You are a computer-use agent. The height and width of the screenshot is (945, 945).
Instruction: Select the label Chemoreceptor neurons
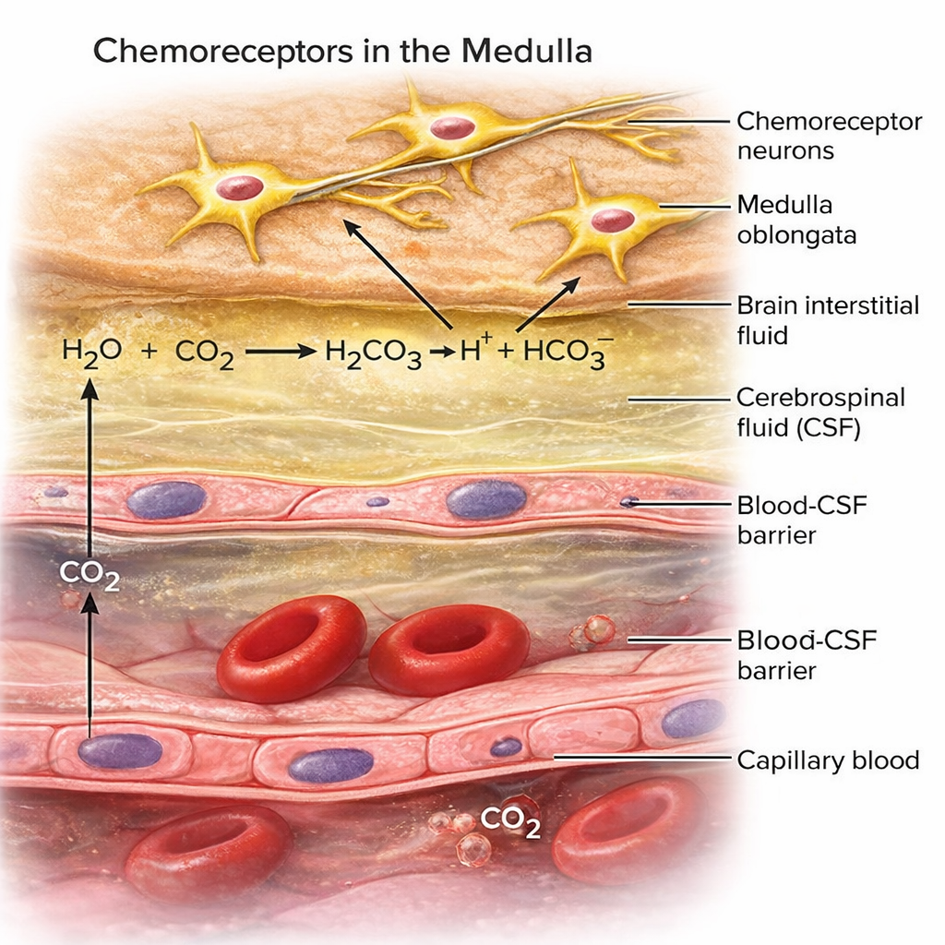click(x=829, y=136)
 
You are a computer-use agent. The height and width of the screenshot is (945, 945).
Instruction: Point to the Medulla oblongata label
click(x=796, y=220)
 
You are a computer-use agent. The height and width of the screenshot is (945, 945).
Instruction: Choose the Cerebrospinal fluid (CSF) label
click(x=820, y=413)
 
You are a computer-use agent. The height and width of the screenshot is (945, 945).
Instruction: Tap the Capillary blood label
click(x=828, y=760)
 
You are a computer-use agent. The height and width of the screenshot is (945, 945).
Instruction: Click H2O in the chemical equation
click(x=90, y=351)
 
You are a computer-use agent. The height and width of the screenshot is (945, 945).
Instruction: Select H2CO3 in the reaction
click(x=373, y=353)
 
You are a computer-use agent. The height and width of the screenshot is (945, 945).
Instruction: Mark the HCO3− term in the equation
click(x=563, y=351)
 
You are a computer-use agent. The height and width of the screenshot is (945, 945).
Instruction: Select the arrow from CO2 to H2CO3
click(x=280, y=352)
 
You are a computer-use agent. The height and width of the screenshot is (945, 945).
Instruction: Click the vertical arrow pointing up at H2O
click(x=90, y=461)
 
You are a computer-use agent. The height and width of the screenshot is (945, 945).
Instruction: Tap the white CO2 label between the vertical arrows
click(x=90, y=574)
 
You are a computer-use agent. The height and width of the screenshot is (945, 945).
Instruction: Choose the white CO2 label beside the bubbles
click(x=510, y=820)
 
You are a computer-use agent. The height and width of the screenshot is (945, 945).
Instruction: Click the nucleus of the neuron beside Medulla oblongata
click(x=613, y=220)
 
